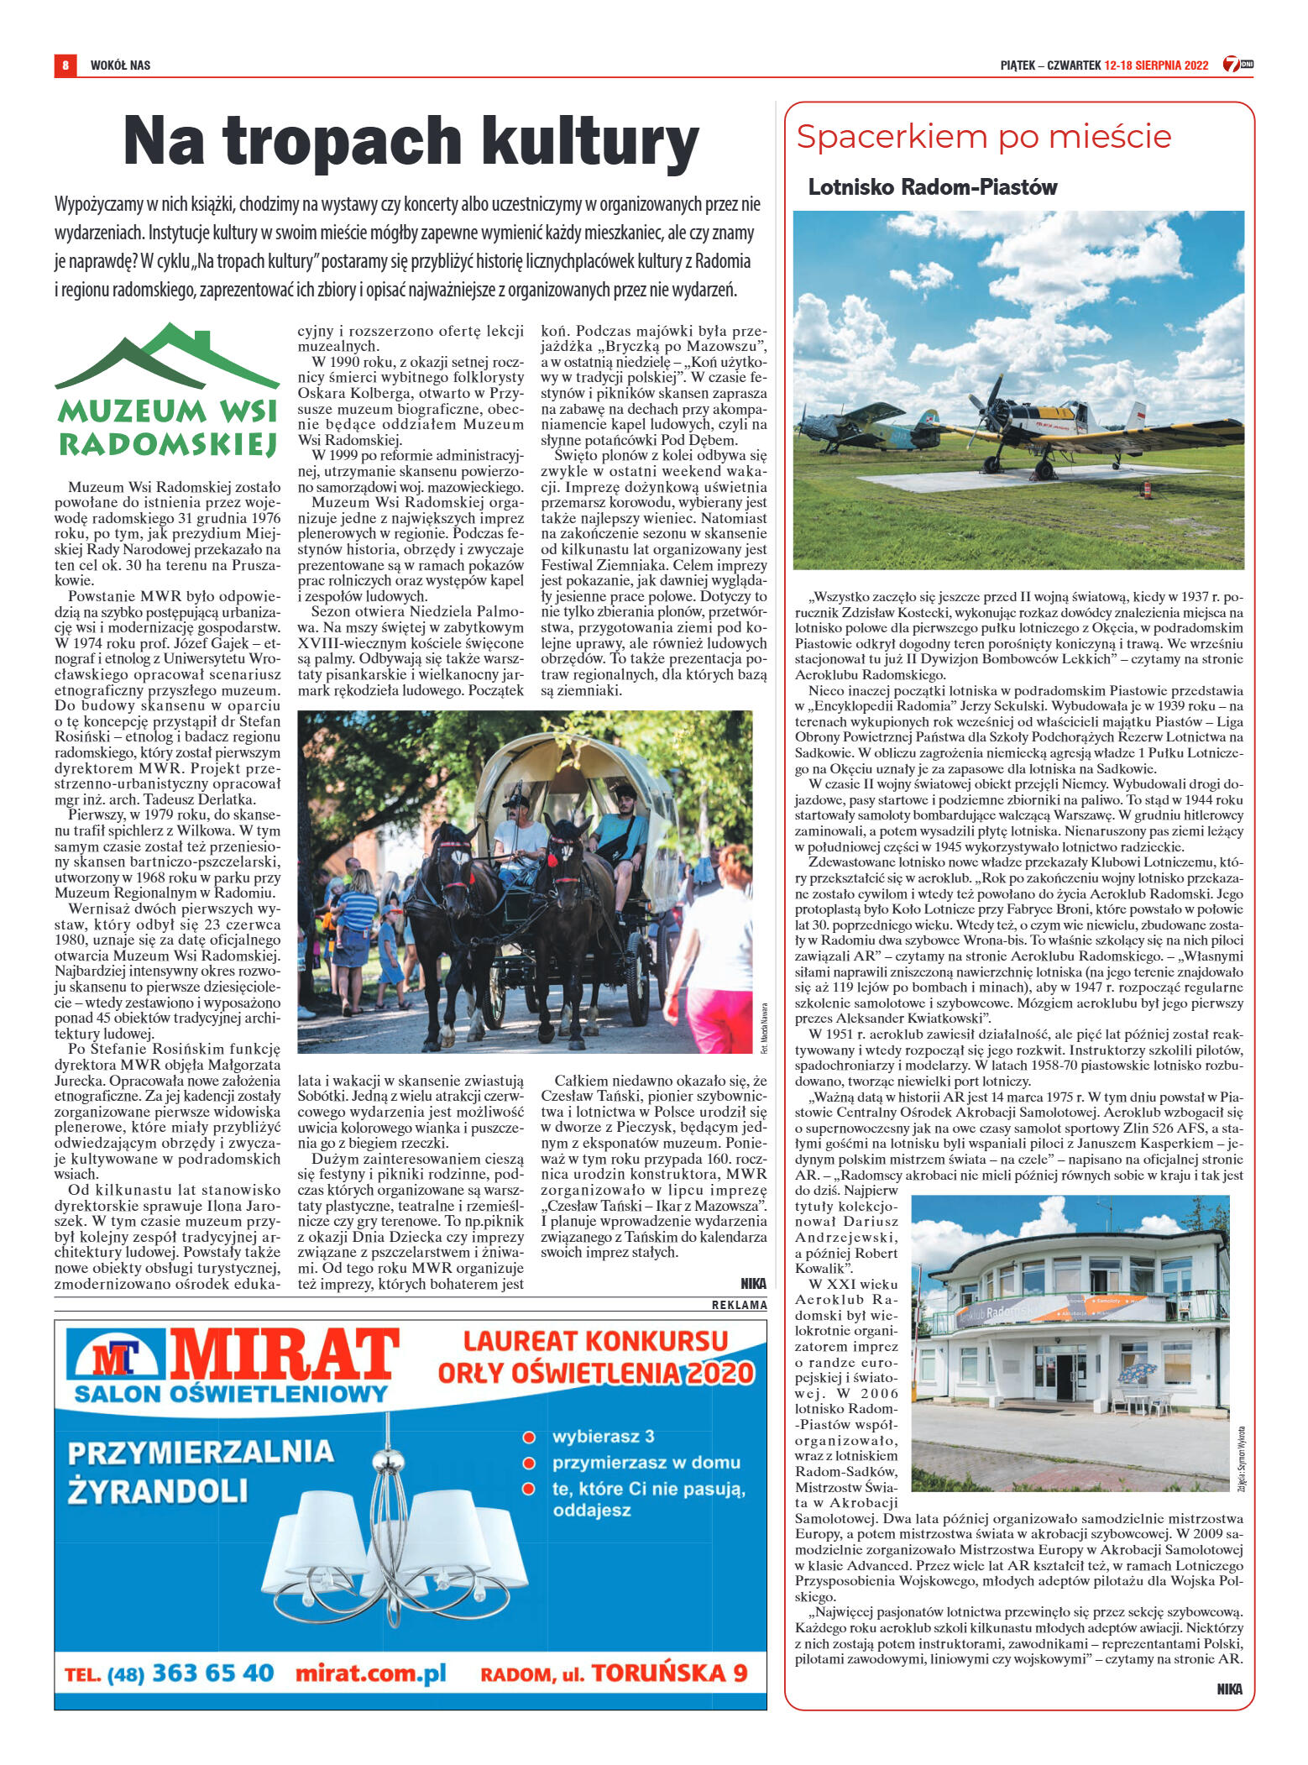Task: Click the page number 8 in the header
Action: tap(65, 65)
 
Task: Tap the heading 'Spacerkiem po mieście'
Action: tap(983, 136)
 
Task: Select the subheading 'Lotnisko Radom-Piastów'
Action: tap(932, 186)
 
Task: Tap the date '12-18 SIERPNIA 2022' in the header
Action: tap(1156, 65)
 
